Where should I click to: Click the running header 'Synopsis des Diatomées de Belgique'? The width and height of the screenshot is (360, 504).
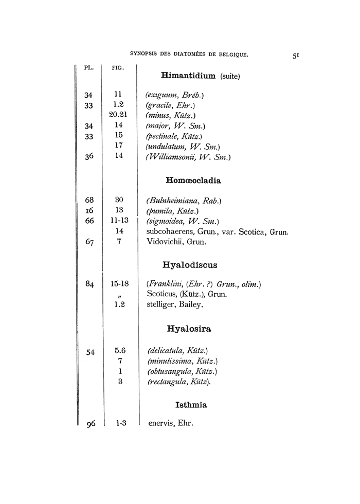(189, 53)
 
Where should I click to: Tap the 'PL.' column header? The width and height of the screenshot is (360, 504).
(88, 68)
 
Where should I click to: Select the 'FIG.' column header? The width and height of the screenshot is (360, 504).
(118, 68)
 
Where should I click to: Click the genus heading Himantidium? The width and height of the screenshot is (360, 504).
(188, 76)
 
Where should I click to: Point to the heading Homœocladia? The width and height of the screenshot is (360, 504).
(193, 181)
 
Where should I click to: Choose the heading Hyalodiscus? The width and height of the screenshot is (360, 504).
(190, 265)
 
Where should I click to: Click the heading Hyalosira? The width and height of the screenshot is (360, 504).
(189, 328)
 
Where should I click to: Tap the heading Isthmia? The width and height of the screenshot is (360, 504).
(191, 405)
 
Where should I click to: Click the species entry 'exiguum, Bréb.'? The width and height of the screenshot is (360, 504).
(175, 95)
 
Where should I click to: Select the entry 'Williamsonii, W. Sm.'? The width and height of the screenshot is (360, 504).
(188, 157)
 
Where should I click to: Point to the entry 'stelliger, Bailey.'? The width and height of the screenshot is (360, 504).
(175, 304)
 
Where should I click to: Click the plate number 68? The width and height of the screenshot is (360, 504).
(88, 200)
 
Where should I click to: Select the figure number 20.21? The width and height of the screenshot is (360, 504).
(118, 115)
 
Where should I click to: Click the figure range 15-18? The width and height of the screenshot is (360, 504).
(119, 283)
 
